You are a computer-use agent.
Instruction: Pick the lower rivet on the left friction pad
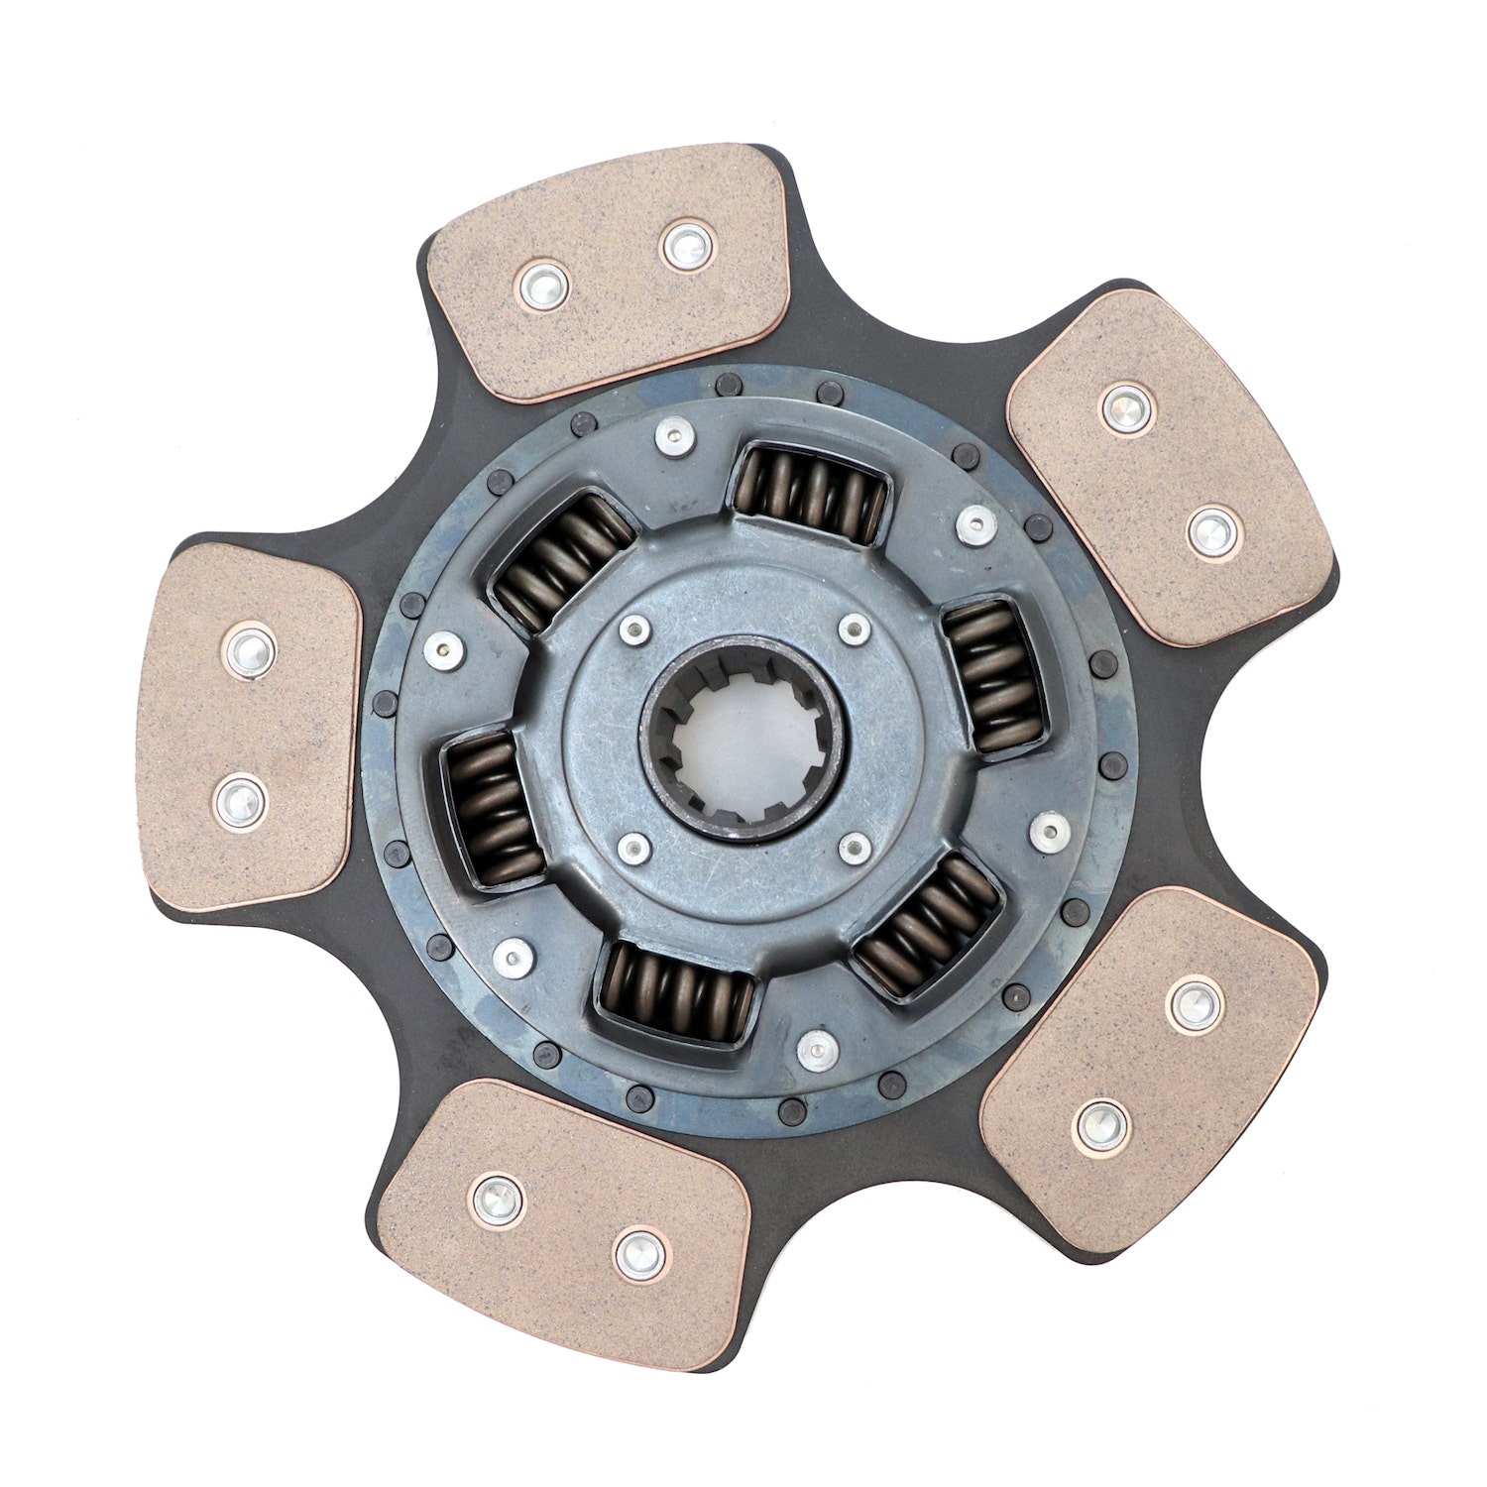(240, 799)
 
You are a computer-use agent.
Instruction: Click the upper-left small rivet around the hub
(631, 628)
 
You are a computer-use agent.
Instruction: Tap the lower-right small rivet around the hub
(853, 847)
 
